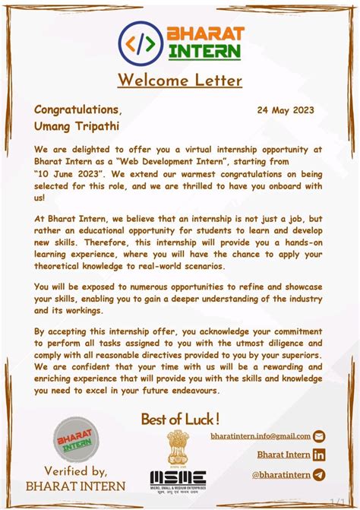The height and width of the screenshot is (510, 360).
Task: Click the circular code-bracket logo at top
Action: (141, 43)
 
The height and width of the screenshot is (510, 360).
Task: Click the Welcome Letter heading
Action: (179, 80)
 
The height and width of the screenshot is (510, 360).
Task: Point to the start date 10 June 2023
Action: (69, 173)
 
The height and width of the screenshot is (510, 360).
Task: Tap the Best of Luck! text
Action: (180, 419)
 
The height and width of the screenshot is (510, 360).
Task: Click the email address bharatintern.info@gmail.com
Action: (261, 436)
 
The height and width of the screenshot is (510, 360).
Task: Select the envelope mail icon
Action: (319, 436)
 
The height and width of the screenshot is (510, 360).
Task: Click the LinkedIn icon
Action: (319, 455)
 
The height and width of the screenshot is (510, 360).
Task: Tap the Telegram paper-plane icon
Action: (319, 475)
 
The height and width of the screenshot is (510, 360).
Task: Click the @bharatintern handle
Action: (281, 475)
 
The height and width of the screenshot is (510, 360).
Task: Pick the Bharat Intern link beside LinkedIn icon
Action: (283, 455)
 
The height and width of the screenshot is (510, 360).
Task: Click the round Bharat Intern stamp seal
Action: (76, 439)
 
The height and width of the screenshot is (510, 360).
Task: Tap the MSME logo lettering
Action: (178, 477)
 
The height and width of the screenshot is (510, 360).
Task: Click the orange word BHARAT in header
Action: (206, 34)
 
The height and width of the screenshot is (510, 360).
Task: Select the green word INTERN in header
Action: (204, 52)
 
